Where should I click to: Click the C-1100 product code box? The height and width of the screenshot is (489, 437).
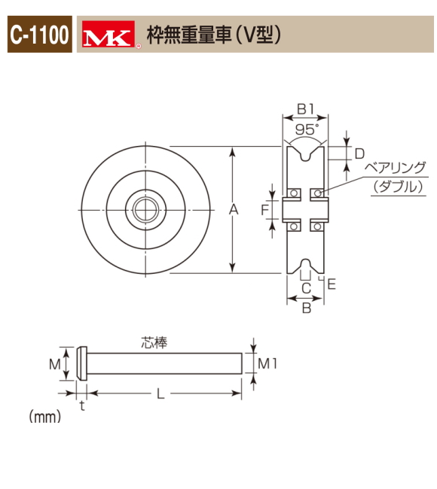[40, 35]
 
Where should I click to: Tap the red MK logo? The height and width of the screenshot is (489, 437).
[108, 35]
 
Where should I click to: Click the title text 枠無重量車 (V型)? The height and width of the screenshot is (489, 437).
[214, 35]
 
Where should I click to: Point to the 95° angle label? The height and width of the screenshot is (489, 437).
[307, 129]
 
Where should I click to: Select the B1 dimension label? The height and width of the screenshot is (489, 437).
[305, 109]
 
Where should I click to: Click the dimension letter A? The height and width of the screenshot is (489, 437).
[234, 210]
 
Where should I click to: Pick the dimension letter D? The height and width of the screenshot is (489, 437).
[359, 153]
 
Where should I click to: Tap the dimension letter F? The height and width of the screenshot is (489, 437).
[264, 210]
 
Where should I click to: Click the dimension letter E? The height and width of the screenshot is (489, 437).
[332, 284]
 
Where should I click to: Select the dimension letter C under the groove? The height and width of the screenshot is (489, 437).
[307, 288]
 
